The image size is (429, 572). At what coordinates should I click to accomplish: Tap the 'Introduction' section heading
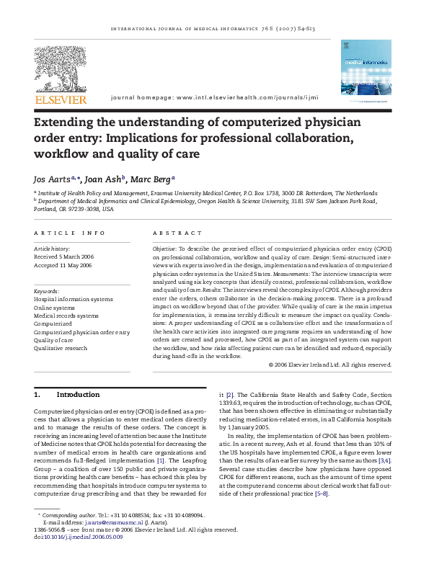coord(78,396)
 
